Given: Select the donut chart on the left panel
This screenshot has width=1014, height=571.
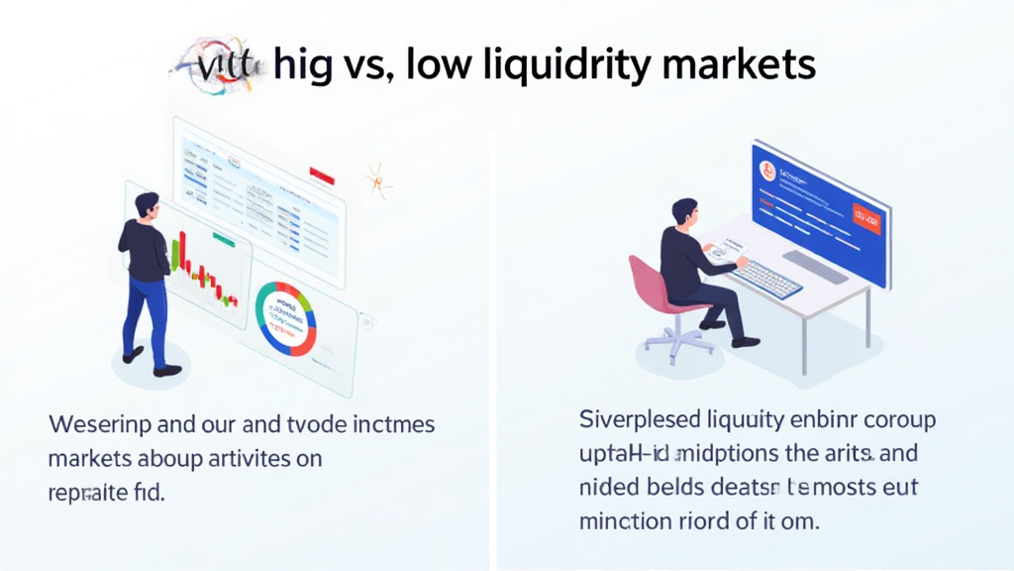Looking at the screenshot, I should [285, 318].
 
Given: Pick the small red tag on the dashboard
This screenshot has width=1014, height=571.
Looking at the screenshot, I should [322, 174].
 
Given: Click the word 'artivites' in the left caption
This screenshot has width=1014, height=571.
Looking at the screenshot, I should [250, 459].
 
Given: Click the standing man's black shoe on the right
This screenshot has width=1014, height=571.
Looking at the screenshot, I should [167, 370].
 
